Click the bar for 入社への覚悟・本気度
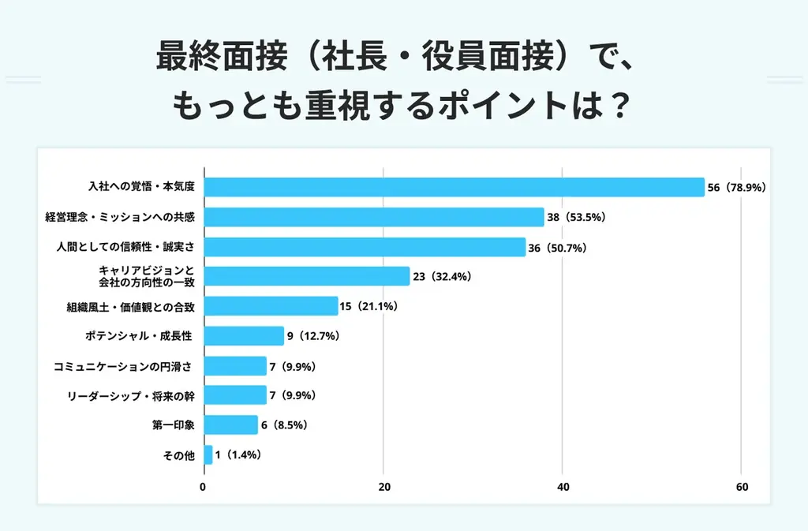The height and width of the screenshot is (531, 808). tap(454, 187)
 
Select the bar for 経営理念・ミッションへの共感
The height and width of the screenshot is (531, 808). tap(374, 217)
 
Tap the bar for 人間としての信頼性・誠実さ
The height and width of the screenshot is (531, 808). tap(365, 247)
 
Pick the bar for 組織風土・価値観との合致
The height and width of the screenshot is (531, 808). tap(271, 306)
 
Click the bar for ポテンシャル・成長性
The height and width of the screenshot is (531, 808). tap(244, 336)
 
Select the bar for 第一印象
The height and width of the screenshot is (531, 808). tap(230, 424)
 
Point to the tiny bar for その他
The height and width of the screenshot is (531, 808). tap(208, 454)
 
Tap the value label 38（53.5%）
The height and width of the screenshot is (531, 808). tap(576, 218)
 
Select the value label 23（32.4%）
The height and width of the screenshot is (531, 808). tap(443, 277)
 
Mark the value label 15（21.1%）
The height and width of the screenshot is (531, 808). tap(369, 306)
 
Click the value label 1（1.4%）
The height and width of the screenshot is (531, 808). tap(238, 455)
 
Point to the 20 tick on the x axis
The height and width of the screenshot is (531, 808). tap(384, 488)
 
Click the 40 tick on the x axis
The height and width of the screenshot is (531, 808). tap(563, 488)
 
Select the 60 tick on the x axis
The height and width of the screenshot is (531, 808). tap(742, 488)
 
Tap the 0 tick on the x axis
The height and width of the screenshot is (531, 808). tap(204, 488)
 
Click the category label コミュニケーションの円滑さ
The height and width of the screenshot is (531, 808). tap(123, 366)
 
